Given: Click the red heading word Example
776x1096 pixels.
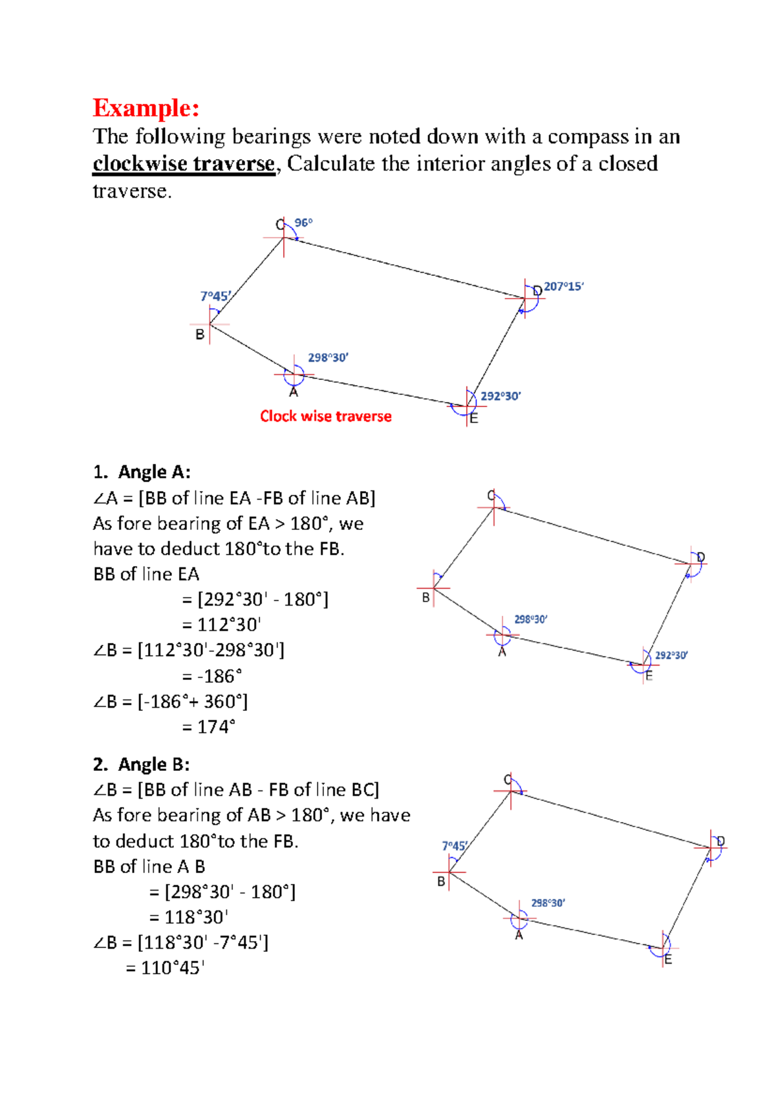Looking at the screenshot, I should click(145, 107).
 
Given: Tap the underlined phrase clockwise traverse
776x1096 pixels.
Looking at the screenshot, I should click(184, 163).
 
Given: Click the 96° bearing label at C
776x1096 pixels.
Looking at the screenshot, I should click(303, 223).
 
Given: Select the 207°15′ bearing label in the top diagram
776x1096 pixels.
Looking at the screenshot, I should click(564, 286).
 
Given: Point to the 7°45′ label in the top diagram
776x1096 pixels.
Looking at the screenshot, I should click(215, 296).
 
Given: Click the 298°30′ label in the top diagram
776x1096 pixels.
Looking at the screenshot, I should click(328, 357).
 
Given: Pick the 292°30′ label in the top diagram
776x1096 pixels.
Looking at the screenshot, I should click(501, 396).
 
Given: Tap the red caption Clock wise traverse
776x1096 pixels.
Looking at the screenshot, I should click(325, 416).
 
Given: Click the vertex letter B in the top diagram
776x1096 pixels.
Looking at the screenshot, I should click(200, 335).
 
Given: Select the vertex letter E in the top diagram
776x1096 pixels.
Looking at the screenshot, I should click(474, 419).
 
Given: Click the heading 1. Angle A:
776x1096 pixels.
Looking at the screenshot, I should click(142, 472).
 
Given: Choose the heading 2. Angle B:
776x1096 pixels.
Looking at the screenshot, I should click(141, 764).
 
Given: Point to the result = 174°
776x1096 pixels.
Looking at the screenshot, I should click(208, 727).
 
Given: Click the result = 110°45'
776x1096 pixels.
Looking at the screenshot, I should click(165, 967).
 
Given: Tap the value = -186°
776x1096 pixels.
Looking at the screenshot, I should click(211, 676).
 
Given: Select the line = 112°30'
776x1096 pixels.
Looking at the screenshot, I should click(221, 625).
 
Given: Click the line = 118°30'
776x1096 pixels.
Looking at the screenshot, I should click(189, 917).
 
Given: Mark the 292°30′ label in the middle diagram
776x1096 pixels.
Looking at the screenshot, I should click(671, 655).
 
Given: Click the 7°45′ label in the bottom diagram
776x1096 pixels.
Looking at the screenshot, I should click(455, 846).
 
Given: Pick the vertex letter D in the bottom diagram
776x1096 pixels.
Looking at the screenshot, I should click(720, 841).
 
